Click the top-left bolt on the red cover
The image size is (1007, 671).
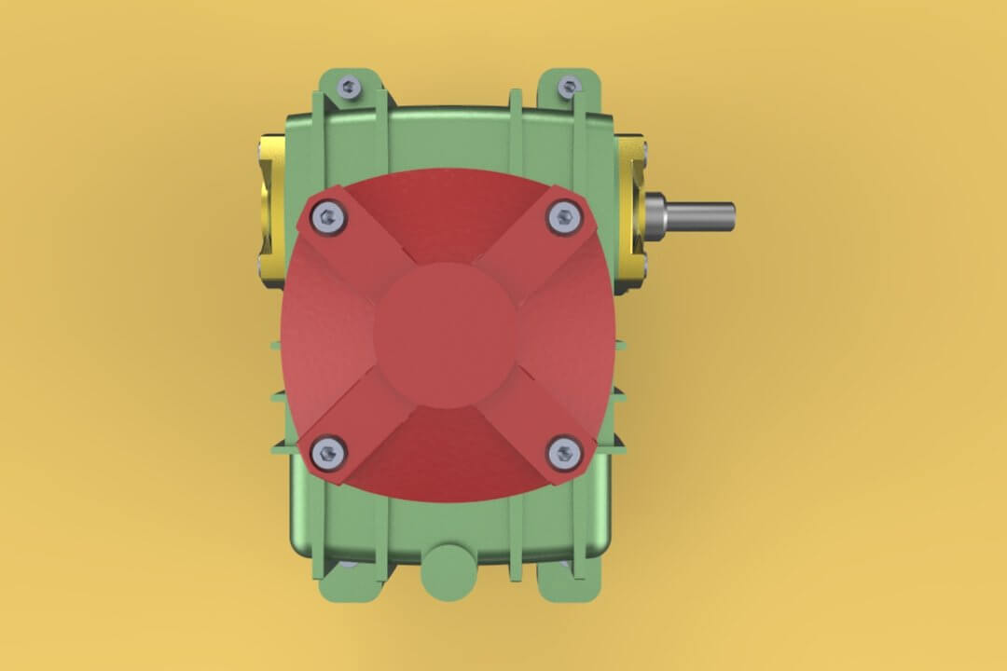point(329,219)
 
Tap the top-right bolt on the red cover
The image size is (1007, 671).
point(564,218)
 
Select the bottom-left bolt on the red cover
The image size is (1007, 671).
point(329,453)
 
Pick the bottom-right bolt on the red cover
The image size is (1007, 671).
point(564,454)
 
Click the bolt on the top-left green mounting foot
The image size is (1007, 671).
point(349,88)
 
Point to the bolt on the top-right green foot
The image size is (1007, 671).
point(568,89)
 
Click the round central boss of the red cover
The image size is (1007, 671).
point(446,335)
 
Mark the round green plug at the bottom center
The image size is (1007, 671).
point(448,570)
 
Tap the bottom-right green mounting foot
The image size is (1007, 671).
point(565,583)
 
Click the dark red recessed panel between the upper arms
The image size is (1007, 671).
point(446,210)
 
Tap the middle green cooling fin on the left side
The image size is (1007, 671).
point(277,396)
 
